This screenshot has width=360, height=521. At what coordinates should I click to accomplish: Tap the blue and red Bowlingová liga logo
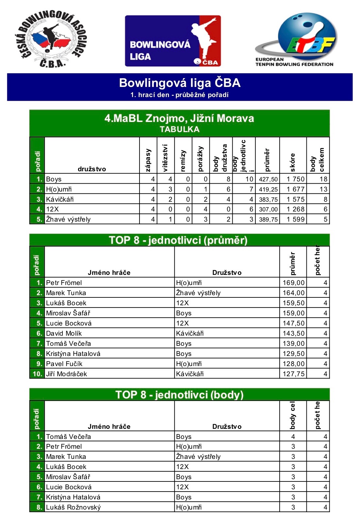pos(173,41)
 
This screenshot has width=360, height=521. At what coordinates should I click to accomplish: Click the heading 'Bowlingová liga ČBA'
pos(180,83)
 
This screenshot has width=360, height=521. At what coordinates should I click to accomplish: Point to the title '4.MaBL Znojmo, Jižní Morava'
pos(179,118)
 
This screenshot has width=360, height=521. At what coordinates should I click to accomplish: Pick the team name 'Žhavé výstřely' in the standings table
pos(68,219)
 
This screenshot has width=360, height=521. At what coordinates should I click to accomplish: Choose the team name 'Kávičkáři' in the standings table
pos(60,199)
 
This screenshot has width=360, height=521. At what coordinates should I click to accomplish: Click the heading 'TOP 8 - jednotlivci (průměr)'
pos(178,240)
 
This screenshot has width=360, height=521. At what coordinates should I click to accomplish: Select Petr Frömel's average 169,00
pos(293,283)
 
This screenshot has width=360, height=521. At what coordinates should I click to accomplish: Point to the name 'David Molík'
pos(64,333)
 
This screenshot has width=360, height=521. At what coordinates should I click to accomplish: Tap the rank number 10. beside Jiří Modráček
pos(37,374)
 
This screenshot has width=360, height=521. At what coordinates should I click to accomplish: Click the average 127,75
pos(293,374)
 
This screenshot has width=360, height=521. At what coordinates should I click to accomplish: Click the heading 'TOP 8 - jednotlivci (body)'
pos(179,395)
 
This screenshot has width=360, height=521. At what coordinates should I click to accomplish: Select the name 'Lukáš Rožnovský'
pos(73,507)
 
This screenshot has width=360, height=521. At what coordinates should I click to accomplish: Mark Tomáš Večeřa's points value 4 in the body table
pos(293,437)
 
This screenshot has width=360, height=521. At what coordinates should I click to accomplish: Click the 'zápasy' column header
pos(148,160)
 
